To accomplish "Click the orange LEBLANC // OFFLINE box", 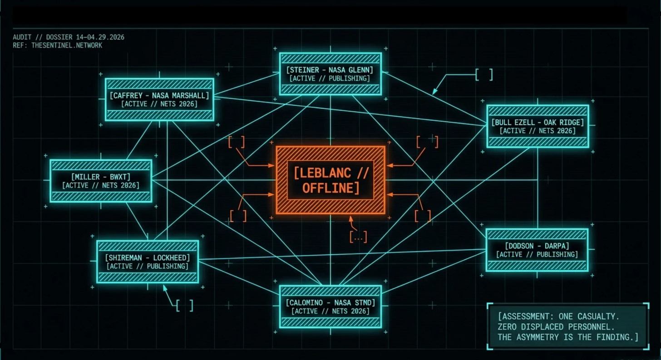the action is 330,180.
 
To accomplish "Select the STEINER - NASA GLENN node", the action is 330,74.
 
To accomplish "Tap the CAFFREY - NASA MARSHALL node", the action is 159,99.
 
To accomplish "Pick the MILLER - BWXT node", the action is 101,181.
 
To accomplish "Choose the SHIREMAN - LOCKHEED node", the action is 148,261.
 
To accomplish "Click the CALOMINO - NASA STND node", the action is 330,306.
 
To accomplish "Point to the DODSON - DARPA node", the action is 537,250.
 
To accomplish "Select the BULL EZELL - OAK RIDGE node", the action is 538,126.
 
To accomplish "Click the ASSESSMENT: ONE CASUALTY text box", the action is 567,326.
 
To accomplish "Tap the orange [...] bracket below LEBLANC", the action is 358,237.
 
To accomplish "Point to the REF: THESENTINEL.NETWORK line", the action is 58,45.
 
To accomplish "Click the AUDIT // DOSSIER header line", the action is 69,37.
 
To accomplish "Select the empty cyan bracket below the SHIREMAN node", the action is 185,306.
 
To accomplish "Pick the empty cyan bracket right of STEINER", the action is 484,75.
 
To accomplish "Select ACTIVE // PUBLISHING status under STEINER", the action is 330,79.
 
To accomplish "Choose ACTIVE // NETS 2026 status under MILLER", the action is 101,185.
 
